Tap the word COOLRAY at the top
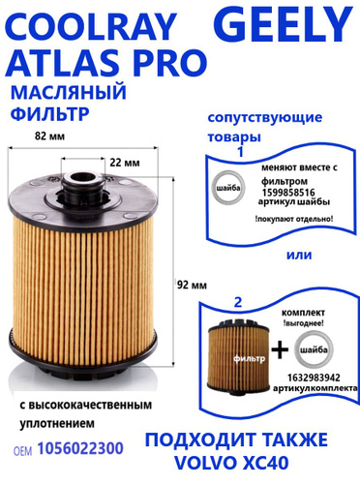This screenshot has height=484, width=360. (91, 26)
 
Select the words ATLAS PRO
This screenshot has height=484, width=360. (106, 62)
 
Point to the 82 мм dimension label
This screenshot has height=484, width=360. (49, 136)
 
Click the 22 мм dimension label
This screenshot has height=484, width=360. (125, 163)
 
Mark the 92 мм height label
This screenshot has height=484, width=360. (192, 285)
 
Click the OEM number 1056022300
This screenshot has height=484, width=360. (80, 448)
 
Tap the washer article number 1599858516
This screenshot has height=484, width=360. (288, 193)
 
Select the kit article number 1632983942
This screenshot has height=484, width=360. (314, 378)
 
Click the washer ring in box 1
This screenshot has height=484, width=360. (216, 188)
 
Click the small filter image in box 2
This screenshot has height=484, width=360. (239, 356)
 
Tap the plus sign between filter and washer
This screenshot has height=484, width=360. (280, 349)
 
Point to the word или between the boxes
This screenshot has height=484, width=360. (299, 255)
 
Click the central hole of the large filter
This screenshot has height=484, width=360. (83, 178)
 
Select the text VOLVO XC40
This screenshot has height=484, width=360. (231, 463)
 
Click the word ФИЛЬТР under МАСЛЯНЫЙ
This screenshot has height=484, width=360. (50, 113)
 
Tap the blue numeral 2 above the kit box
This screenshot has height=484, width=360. (238, 303)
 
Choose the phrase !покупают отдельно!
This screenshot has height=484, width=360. (294, 219)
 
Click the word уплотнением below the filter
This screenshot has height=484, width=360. (57, 423)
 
